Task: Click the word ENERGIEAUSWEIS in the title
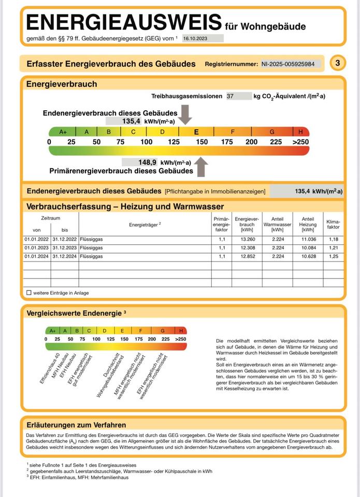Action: point(124,22)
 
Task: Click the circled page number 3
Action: point(338,63)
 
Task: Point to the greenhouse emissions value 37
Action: point(231,96)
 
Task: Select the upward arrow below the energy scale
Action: point(201,167)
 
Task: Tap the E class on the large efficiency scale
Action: point(196,131)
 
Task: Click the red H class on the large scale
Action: point(300,131)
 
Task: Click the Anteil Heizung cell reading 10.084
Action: point(308,248)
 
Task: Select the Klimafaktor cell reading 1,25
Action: point(333,256)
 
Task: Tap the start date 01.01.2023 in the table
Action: point(36,248)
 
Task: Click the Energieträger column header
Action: point(145,224)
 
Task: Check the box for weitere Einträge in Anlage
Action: point(29,293)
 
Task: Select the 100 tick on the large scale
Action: point(147,141)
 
